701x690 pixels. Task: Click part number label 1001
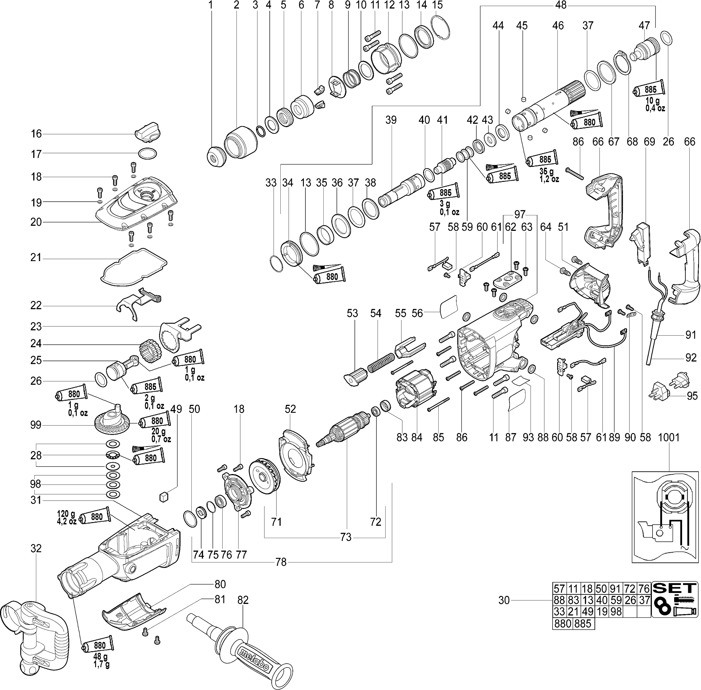click(668, 437)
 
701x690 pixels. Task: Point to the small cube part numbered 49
click(164, 496)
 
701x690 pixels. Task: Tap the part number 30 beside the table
click(504, 601)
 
